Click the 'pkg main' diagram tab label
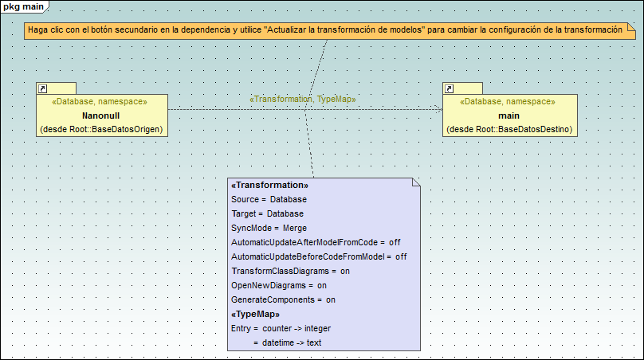point(23,7)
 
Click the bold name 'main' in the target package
point(509,115)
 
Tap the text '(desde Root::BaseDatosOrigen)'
point(101,129)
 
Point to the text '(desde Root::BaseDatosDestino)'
point(509,129)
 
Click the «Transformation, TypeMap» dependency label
point(303,99)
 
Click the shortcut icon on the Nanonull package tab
point(44,88)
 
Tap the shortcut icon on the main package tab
point(450,88)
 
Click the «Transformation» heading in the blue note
point(269,185)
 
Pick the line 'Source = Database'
point(269,199)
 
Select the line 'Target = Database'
point(267,213)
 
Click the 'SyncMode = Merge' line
point(262,228)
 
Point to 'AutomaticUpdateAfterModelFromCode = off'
point(315,242)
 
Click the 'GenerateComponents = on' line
point(283,299)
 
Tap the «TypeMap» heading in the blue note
point(255,314)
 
